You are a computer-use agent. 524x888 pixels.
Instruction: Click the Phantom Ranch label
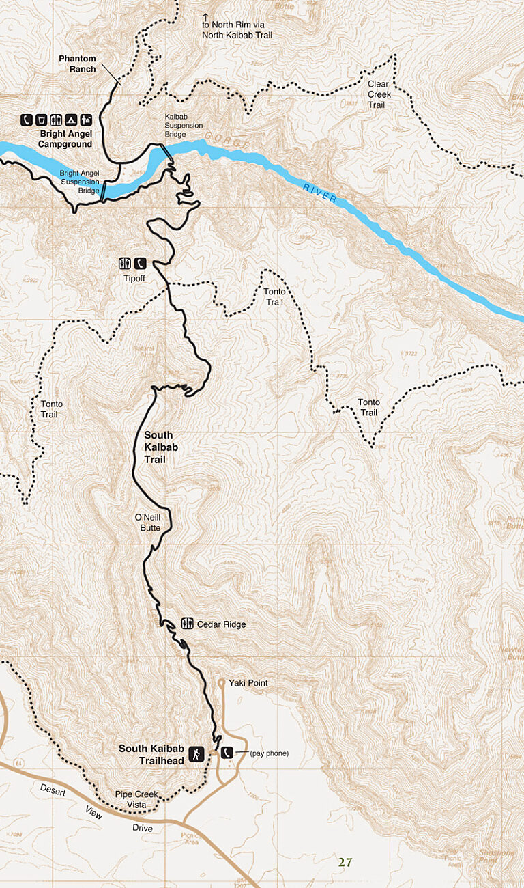[x=77, y=64]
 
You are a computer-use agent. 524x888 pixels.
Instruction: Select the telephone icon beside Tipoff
[x=141, y=263]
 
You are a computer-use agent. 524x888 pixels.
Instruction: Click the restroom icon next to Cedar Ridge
[x=186, y=623]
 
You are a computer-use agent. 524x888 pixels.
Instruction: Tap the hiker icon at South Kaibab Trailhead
[x=196, y=753]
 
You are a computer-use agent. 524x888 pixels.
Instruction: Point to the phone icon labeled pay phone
[x=228, y=753]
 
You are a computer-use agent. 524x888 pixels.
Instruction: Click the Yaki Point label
[x=248, y=683]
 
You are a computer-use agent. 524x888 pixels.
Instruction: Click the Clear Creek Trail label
[x=378, y=94]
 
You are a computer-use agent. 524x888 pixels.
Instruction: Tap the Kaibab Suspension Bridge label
[x=184, y=125]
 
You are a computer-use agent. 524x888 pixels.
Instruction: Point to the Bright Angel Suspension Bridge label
[x=79, y=181]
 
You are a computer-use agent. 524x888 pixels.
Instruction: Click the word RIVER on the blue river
[x=321, y=193]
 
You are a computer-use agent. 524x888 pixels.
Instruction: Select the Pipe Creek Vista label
[x=136, y=799]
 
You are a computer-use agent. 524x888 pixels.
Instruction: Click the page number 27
[x=345, y=862]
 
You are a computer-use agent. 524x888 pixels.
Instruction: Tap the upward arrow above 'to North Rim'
[x=205, y=16]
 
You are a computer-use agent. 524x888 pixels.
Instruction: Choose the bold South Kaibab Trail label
[x=158, y=447]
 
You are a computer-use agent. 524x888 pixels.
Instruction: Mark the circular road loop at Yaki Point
[x=221, y=682]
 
